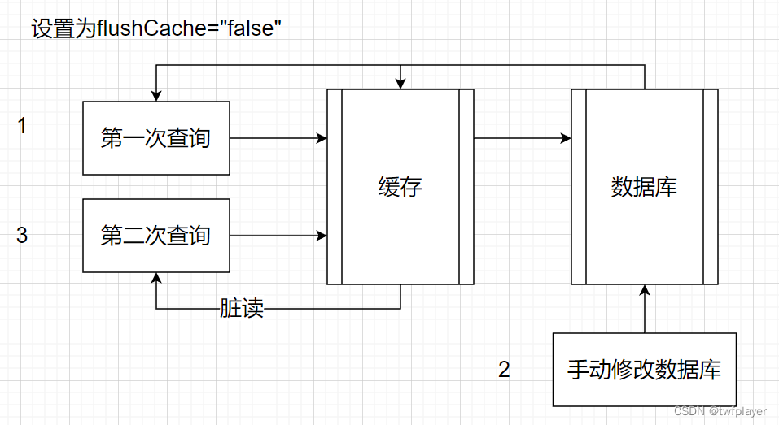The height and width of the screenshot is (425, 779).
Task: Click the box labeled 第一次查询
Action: tap(156, 138)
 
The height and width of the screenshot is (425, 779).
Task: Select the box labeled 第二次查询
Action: tap(156, 236)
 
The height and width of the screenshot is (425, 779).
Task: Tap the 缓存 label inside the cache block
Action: tap(400, 188)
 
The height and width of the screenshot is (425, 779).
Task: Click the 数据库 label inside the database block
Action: tap(644, 188)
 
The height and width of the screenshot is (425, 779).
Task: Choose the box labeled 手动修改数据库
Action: tap(644, 370)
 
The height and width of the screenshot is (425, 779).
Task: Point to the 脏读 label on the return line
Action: tap(242, 309)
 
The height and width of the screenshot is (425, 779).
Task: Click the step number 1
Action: tap(22, 126)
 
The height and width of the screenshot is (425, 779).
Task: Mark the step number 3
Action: tap(22, 236)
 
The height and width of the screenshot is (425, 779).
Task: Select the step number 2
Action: tap(504, 370)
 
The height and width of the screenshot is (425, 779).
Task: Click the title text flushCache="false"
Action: tap(156, 29)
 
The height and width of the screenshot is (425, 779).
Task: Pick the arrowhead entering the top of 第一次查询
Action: tap(156, 96)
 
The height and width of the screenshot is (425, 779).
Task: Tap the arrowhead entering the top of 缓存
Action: tap(400, 84)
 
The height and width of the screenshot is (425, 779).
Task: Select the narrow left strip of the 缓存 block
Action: tap(334, 187)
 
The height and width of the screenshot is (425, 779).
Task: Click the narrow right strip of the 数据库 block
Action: tap(710, 187)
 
